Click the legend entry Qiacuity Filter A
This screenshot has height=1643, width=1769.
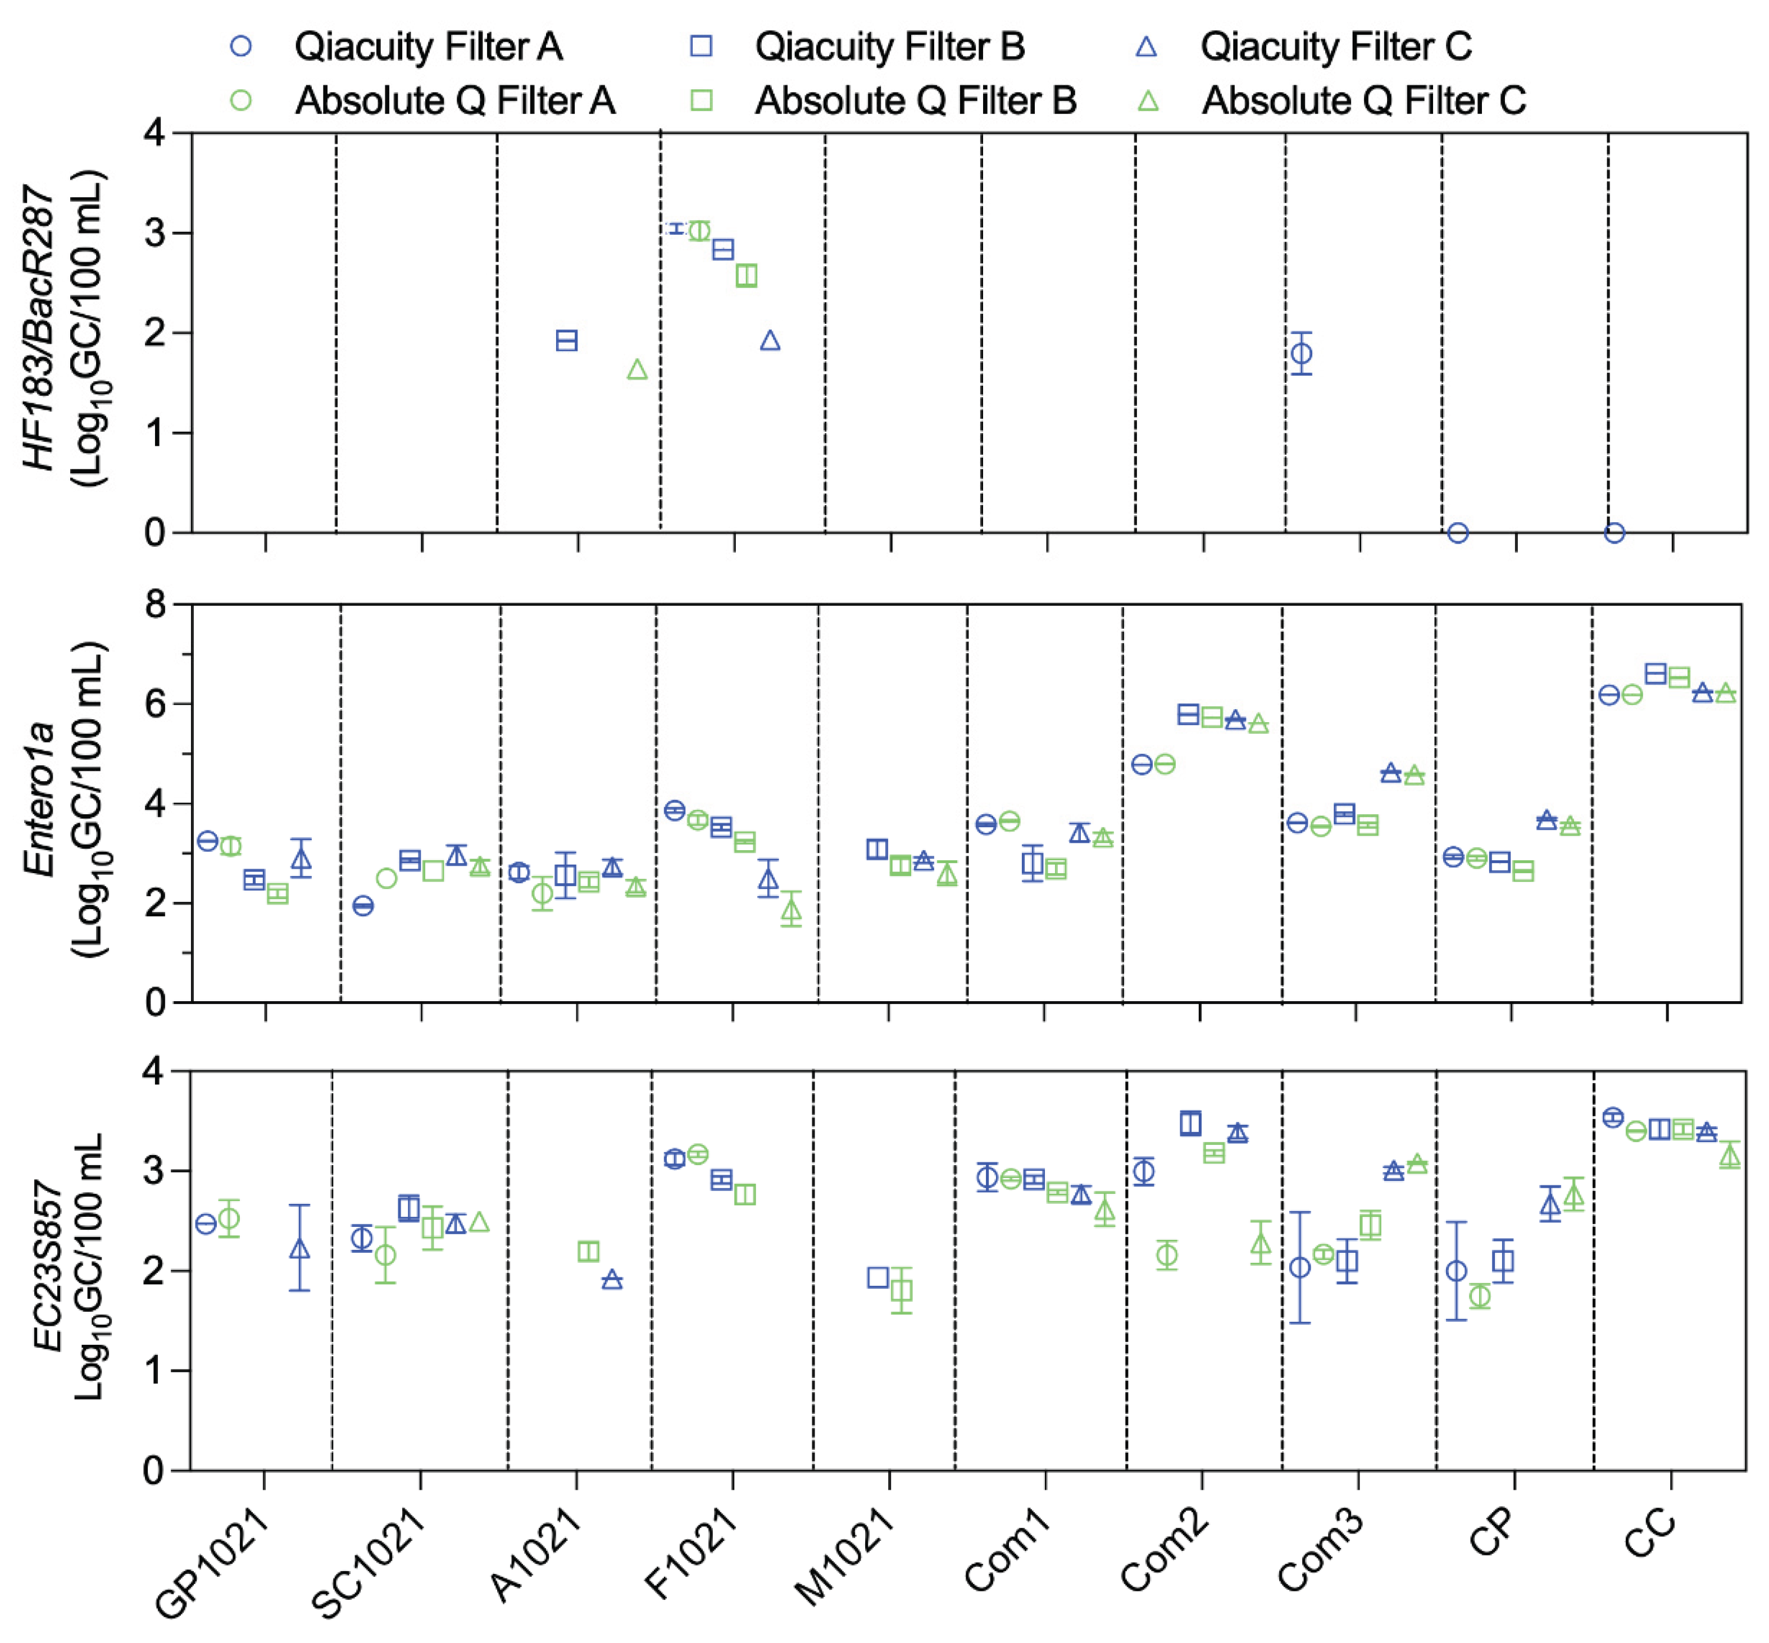click(428, 46)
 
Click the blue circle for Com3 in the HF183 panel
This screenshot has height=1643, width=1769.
click(1301, 354)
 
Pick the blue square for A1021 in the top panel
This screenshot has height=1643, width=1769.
click(567, 340)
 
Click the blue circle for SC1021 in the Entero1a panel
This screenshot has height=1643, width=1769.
click(363, 906)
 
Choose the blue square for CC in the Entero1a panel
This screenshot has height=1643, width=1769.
click(1655, 674)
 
